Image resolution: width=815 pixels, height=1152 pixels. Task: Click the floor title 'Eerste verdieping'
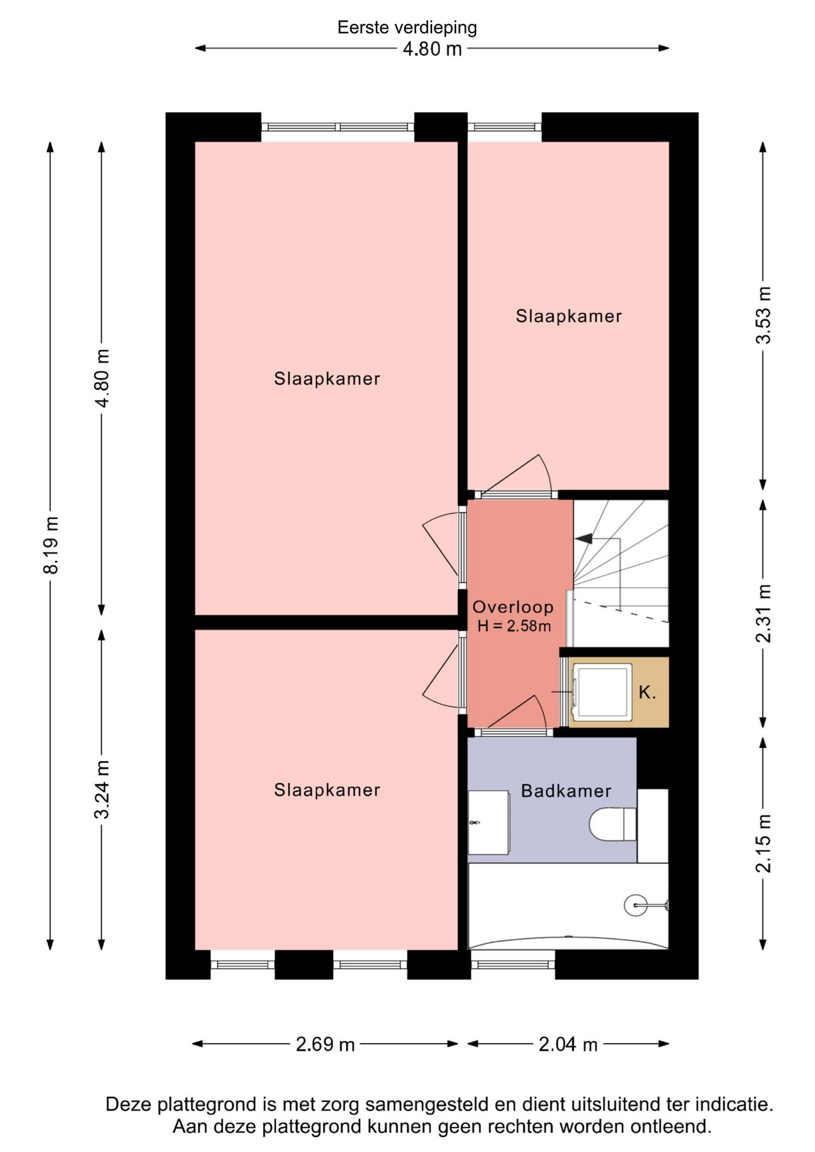coord(407,28)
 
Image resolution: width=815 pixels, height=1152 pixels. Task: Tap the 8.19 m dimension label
coord(52,545)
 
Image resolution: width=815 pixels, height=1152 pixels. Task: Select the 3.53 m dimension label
coord(763,315)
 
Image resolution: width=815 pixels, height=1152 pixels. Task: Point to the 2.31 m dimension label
coord(763,613)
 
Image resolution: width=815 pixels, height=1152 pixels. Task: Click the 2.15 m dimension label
coord(763,843)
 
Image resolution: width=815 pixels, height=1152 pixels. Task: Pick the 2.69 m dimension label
coord(325,1045)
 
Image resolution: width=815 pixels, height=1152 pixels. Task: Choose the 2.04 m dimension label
coord(568,1045)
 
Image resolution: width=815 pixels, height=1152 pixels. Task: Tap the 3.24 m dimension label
coord(102,789)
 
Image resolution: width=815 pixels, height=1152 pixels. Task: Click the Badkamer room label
coord(566,791)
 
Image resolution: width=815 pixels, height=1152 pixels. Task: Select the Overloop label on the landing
coord(513,607)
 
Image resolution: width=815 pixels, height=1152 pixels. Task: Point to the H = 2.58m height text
coord(514,626)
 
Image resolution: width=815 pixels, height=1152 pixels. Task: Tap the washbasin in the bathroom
coord(489,822)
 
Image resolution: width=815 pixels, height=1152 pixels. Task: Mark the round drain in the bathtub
coord(636,904)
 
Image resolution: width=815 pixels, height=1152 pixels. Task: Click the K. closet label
coord(648,692)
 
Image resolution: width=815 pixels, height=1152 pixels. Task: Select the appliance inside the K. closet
coord(602,692)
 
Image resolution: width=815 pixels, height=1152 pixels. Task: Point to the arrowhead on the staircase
coord(583,539)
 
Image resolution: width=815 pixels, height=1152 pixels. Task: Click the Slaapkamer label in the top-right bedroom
coord(568,316)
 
